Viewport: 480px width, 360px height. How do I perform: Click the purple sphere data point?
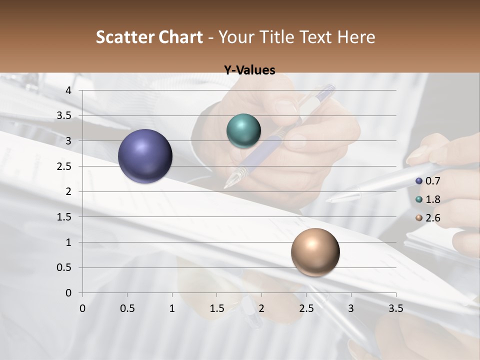pyautogui.click(x=145, y=156)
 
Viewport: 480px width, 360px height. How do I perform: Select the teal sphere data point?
pyautogui.click(x=243, y=130)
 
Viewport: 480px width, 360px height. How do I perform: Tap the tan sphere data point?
pyautogui.click(x=315, y=252)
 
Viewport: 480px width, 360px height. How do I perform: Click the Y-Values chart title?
pyautogui.click(x=249, y=70)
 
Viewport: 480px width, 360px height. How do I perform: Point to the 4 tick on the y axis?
pyautogui.click(x=68, y=90)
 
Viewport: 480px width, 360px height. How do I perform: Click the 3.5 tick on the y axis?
pyautogui.click(x=64, y=115)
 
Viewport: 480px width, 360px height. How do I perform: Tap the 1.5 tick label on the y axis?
pyautogui.click(x=64, y=217)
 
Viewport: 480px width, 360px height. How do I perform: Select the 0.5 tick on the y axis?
pyautogui.click(x=64, y=267)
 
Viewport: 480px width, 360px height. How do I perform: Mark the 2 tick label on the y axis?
pyautogui.click(x=68, y=191)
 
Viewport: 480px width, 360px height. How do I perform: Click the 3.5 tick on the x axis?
pyautogui.click(x=395, y=308)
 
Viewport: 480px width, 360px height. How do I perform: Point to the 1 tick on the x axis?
pyautogui.click(x=172, y=308)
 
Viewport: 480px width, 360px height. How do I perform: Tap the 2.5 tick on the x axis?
pyautogui.click(x=306, y=308)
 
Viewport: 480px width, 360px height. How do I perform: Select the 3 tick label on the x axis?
pyautogui.click(x=351, y=308)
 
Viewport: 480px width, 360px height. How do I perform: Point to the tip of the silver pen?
pyautogui.click(x=327, y=201)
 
